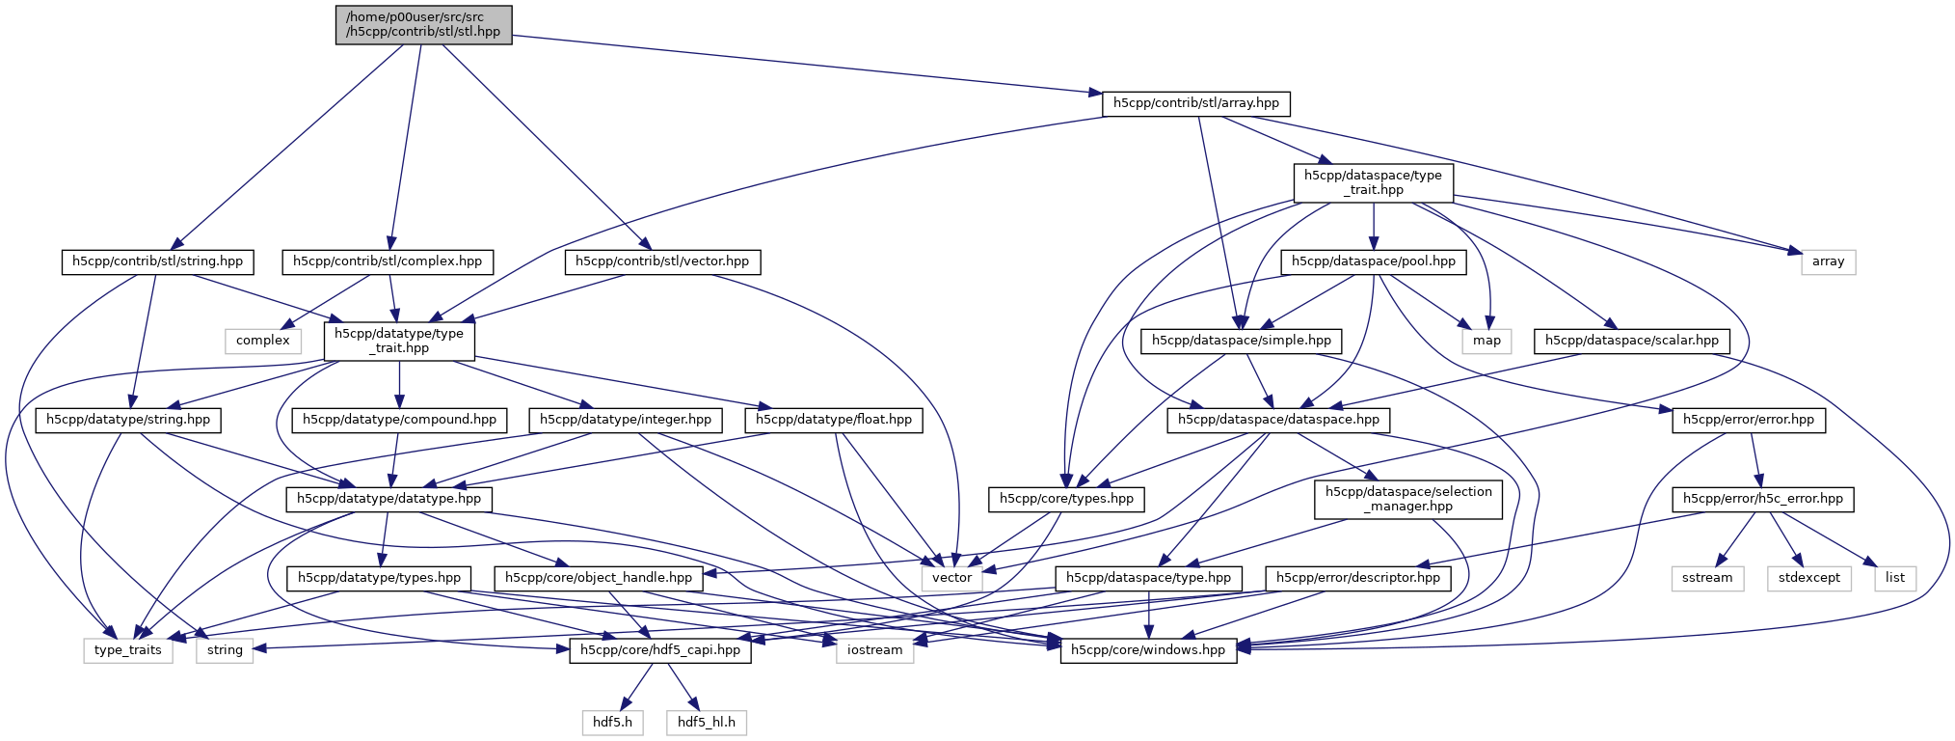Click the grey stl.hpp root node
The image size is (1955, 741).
tap(423, 24)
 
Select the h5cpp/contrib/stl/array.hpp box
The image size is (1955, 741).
tap(1195, 103)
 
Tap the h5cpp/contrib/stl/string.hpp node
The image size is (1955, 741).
tap(158, 261)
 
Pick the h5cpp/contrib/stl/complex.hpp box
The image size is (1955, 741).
tap(388, 261)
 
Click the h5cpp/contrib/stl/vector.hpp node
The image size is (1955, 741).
tap(662, 261)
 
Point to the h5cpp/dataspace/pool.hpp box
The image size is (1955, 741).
tap(1373, 261)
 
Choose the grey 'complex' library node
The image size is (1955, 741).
tap(262, 341)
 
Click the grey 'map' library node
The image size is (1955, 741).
tap(1486, 341)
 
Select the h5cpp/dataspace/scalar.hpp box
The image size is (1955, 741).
tap(1631, 341)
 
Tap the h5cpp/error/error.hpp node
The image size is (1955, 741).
tap(1748, 420)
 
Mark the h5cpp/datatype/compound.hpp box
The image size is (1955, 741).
tap(399, 420)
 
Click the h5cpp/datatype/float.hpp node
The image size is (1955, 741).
tap(833, 420)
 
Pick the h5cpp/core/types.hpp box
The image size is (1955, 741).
tap(1066, 499)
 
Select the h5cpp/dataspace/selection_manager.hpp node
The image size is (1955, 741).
tap(1407, 499)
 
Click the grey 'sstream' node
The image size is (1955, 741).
tap(1706, 578)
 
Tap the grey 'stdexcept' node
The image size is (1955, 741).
tap(1808, 578)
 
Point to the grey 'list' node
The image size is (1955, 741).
tap(1894, 578)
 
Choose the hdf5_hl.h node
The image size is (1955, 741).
tap(706, 722)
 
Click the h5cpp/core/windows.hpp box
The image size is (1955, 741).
tap(1147, 650)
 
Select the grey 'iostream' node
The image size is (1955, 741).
tap(874, 650)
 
